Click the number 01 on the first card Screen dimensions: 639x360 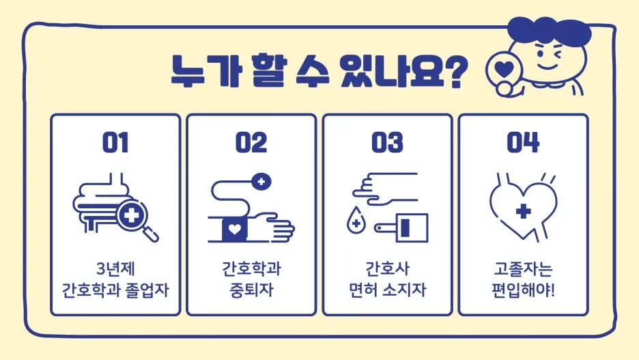115,142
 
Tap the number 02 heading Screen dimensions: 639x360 251,142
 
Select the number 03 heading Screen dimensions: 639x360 387,142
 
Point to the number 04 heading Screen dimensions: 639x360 523,142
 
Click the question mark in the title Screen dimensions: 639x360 455,71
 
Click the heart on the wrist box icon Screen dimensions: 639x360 234,230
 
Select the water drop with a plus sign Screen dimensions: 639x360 356,220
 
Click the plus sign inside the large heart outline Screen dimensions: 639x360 523,211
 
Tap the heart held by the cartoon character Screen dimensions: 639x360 504,69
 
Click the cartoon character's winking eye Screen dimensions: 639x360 556,54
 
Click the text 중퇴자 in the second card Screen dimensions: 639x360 251,290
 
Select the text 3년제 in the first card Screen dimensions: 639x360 115,268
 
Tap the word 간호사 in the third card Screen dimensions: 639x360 387,268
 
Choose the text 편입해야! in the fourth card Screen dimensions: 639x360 523,290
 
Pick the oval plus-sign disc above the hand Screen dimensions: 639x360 261,182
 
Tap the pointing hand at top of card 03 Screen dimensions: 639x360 385,188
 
